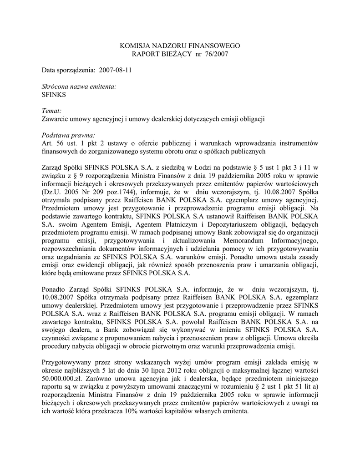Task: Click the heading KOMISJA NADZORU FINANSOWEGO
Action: [x=179, y=46]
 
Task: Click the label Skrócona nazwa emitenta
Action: [x=78, y=86]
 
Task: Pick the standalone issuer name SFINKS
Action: [x=54, y=95]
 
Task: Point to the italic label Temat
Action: [x=51, y=111]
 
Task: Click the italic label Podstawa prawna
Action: [x=68, y=135]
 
